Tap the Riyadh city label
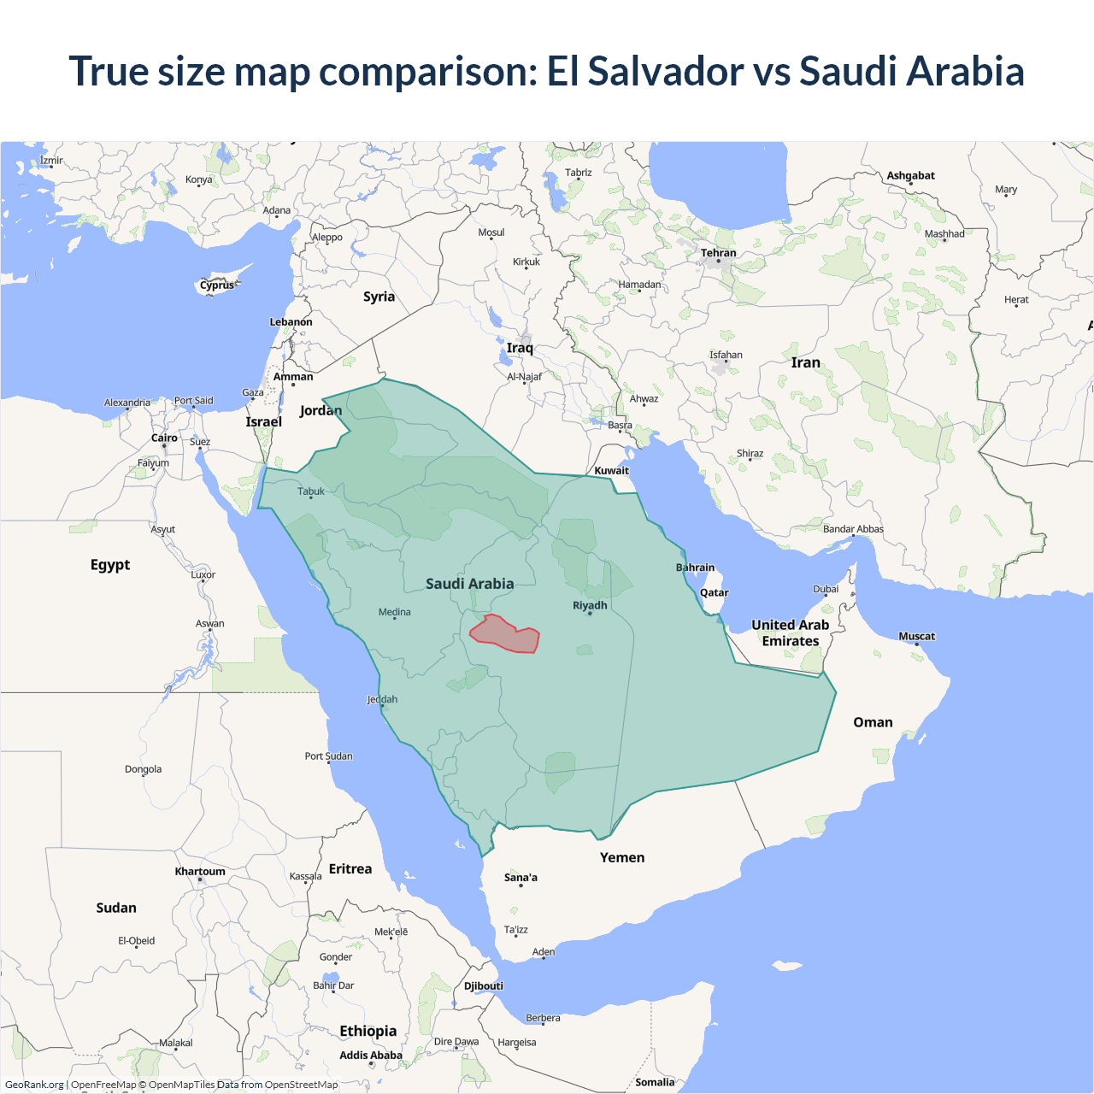(x=590, y=605)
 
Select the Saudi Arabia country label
(x=469, y=584)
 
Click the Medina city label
(x=394, y=612)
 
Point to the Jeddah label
(x=382, y=699)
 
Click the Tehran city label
(x=718, y=253)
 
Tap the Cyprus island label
(x=217, y=285)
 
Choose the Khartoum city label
(x=200, y=872)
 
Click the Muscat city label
(x=916, y=636)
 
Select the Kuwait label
(x=611, y=470)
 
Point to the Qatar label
(x=714, y=592)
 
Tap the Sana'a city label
(x=521, y=877)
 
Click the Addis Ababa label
(x=370, y=1055)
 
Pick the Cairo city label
(x=164, y=438)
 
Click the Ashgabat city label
(x=910, y=175)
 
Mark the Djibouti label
(x=484, y=985)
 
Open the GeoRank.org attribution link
(x=34, y=1085)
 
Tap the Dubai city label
(x=826, y=589)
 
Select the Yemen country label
(x=621, y=857)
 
